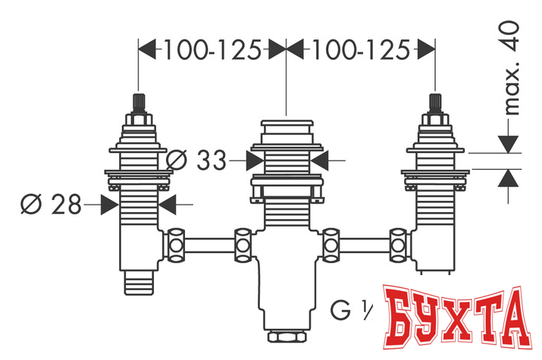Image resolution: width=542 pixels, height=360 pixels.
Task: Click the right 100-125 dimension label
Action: [360, 50]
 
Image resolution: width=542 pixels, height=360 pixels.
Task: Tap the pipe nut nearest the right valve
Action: [397, 244]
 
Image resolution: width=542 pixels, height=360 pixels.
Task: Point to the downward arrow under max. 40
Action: [509, 142]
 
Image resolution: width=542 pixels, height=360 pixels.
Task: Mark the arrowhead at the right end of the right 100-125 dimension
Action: [428, 50]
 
